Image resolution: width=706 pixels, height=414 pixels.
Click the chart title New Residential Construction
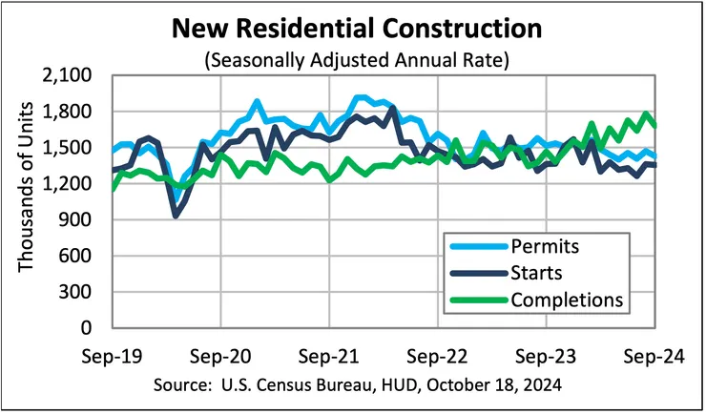coord(352,29)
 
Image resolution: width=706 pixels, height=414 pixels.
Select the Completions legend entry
coord(567,300)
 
